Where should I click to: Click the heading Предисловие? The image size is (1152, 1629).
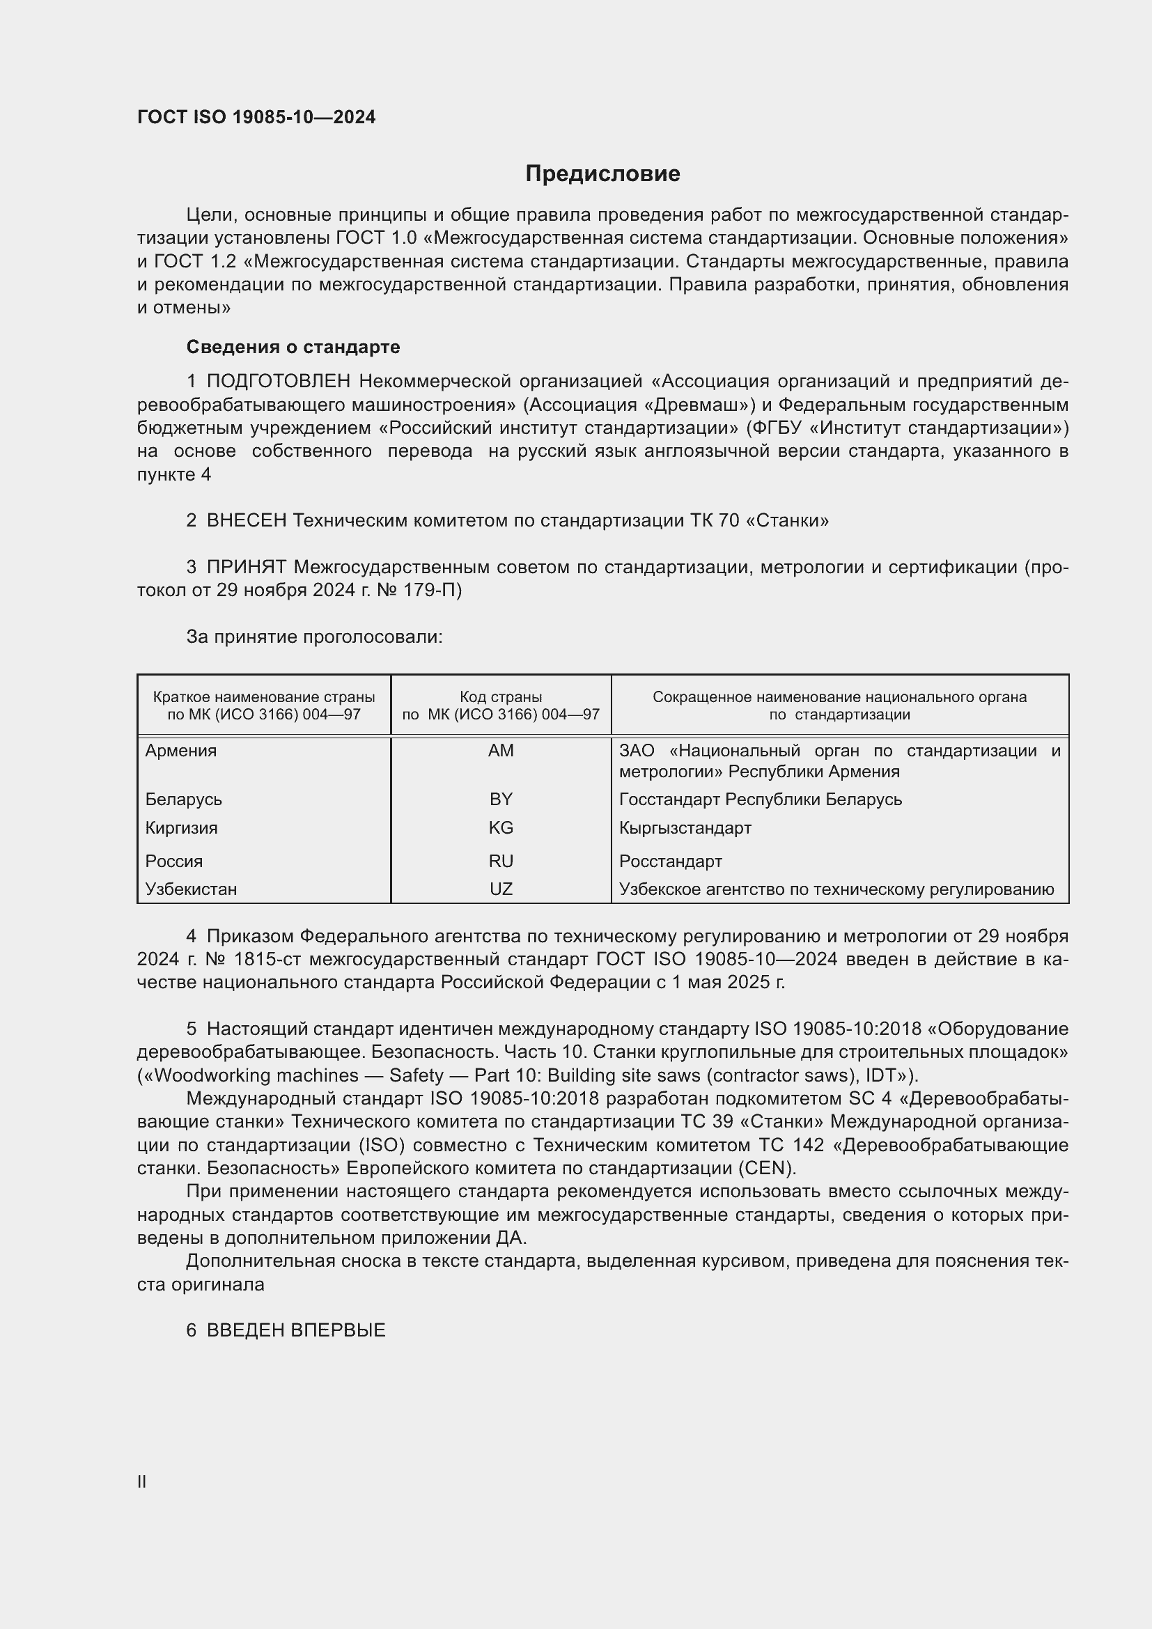pos(602,174)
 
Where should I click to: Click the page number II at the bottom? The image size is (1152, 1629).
pos(142,1481)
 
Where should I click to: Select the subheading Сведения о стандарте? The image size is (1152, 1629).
pos(293,347)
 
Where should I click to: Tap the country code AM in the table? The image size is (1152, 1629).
pos(501,751)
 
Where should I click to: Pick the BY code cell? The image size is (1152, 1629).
pos(501,800)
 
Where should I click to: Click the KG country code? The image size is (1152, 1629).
pos(501,828)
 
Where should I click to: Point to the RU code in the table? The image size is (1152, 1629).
pos(501,862)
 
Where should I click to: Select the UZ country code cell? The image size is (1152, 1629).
pos(501,889)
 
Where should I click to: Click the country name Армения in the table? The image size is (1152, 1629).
pos(181,751)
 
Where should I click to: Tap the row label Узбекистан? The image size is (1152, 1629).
pos(191,889)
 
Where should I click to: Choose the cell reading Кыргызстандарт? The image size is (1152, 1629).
pos(685,828)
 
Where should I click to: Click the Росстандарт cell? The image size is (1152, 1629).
pos(670,862)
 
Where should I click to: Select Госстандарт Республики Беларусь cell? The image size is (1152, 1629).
pos(761,800)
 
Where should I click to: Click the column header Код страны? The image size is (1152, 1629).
pos(501,697)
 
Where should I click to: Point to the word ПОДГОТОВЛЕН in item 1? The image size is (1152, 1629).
pos(279,382)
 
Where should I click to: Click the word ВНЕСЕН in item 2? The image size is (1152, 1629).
pos(246,521)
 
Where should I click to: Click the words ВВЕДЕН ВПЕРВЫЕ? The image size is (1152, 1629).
pos(296,1330)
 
